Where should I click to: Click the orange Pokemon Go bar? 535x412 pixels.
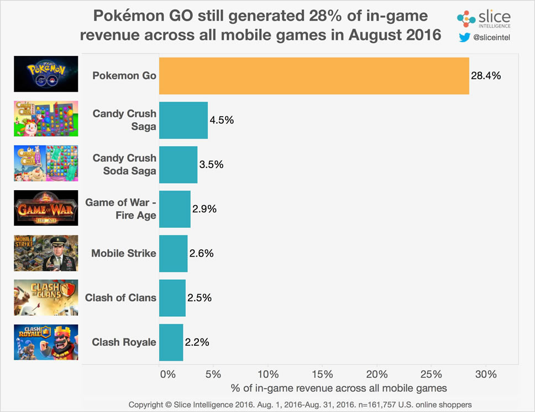pyautogui.click(x=314, y=76)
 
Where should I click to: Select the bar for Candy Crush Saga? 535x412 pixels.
pyautogui.click(x=183, y=120)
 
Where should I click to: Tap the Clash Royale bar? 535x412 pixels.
pyautogui.click(x=171, y=342)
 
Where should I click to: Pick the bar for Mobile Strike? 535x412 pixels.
pyautogui.click(x=174, y=253)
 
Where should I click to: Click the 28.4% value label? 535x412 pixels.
pyautogui.click(x=486, y=76)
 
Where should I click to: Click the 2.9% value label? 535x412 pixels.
pyautogui.click(x=204, y=209)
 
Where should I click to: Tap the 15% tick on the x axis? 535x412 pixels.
pyautogui.click(x=322, y=373)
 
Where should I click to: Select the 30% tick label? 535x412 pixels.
pyautogui.click(x=486, y=373)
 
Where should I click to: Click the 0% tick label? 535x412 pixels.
pyautogui.click(x=166, y=373)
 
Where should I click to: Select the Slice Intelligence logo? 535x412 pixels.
pyautogui.click(x=484, y=18)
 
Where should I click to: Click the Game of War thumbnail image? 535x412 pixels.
pyautogui.click(x=46, y=209)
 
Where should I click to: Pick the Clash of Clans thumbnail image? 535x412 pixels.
pyautogui.click(x=46, y=298)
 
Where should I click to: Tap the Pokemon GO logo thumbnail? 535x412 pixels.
pyautogui.click(x=46, y=75)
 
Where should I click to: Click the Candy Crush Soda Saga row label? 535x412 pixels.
pyautogui.click(x=124, y=164)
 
